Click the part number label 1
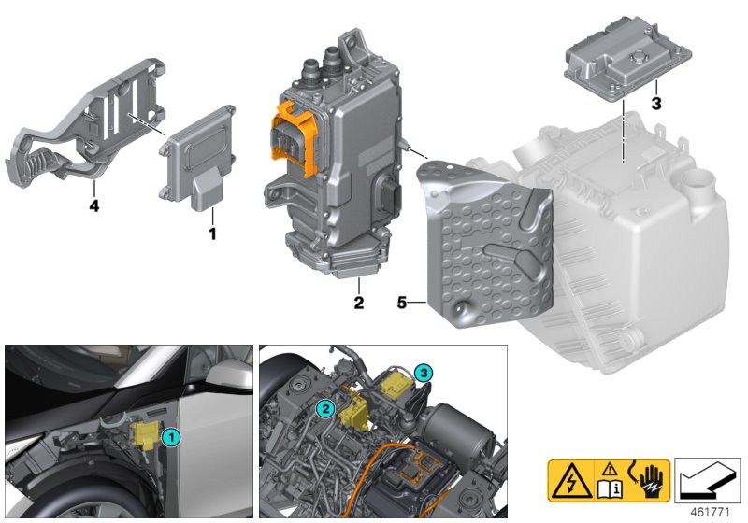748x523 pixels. coord(212,233)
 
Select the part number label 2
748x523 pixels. coord(357,303)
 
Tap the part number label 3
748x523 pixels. coord(656,104)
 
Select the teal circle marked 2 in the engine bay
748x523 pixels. coord(324,408)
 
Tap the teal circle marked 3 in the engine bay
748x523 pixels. coord(424,373)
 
